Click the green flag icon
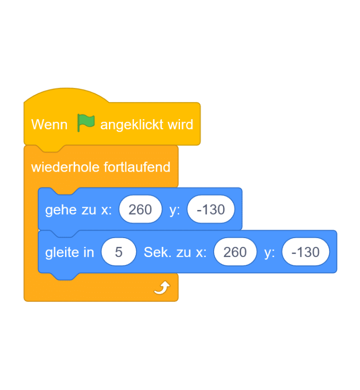pyautogui.click(x=86, y=123)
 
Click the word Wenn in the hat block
pyautogui.click(x=49, y=125)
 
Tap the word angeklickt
pyautogui.click(x=132, y=125)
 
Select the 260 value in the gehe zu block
pyautogui.click(x=140, y=210)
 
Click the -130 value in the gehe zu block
pyautogui.click(x=211, y=210)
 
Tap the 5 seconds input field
pyautogui.click(x=119, y=252)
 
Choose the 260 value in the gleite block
pyautogui.click(x=235, y=252)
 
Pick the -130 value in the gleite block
pyautogui.click(x=306, y=252)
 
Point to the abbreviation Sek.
pyautogui.click(x=156, y=252)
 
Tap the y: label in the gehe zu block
pyautogui.click(x=174, y=210)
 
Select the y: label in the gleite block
pyautogui.click(x=270, y=252)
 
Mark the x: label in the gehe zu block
pyautogui.click(x=107, y=210)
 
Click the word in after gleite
pyautogui.click(x=89, y=252)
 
